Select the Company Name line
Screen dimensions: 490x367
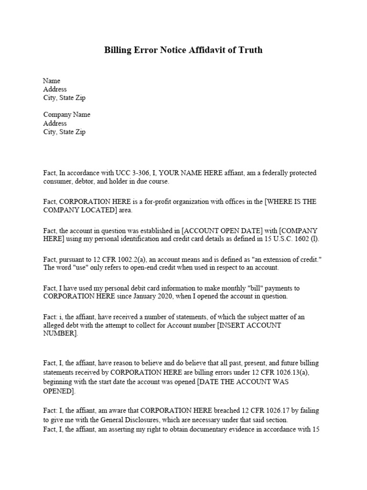(66, 115)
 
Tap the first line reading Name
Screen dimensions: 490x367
(52, 81)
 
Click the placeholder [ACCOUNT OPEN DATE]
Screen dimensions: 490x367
(217, 231)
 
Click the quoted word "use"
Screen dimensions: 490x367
(70, 268)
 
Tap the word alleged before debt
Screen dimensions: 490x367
(54, 325)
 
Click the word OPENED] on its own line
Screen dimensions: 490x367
(59, 391)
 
